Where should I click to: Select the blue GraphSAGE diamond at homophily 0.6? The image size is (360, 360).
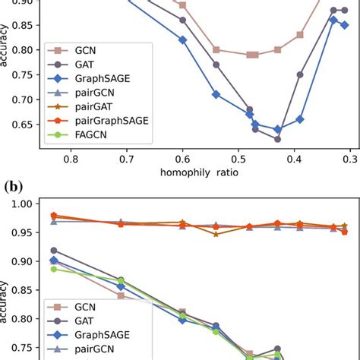[x=182, y=39]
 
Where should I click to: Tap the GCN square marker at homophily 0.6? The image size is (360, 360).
[x=182, y=5]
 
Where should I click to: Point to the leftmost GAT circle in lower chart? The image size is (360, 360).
[x=53, y=250]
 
